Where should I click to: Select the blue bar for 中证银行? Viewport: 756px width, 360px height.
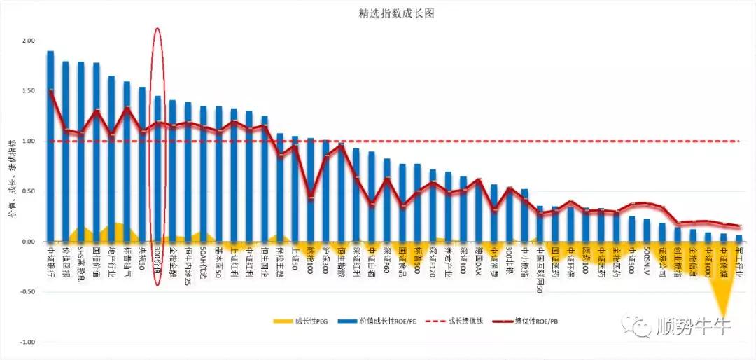[50, 146]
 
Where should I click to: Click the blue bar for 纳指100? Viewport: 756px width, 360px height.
[310, 190]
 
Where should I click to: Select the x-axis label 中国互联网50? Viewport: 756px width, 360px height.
[540, 270]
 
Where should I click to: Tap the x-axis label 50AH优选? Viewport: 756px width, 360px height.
[203, 263]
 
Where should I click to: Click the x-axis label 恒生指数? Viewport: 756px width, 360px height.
[341, 261]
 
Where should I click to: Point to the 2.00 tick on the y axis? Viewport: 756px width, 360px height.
[28, 41]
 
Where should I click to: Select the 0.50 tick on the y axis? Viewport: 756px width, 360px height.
[28, 191]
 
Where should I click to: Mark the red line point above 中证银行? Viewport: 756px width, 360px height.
[50, 91]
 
